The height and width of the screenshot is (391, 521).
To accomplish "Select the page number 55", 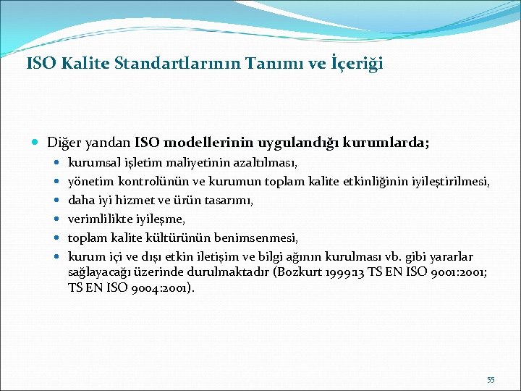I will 491,380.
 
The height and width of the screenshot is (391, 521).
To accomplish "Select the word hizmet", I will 136,200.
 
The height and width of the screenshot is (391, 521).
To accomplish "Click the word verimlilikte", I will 97,219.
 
